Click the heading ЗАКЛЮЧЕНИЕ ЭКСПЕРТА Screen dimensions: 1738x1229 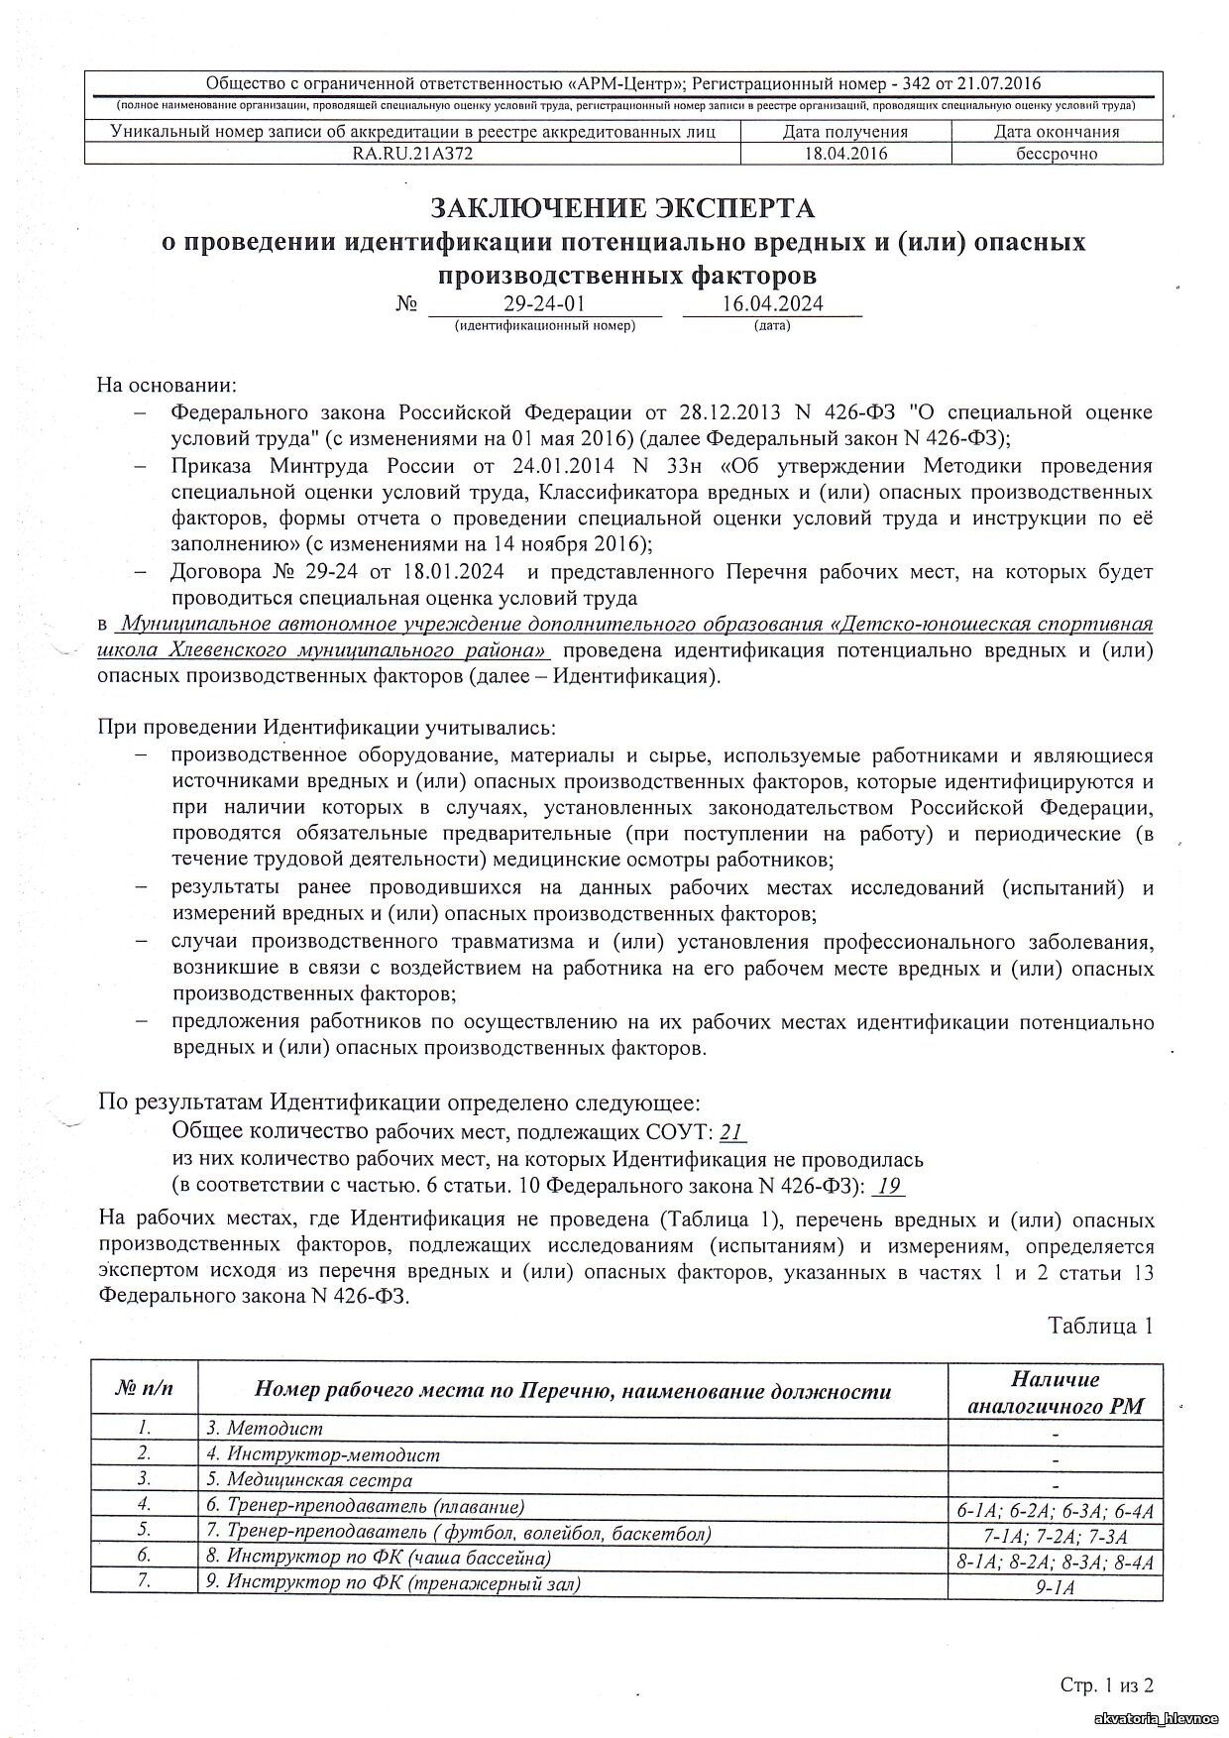(x=621, y=208)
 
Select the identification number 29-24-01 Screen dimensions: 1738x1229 (x=544, y=304)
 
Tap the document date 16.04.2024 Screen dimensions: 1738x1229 (x=773, y=304)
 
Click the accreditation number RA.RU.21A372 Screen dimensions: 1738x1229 (x=412, y=154)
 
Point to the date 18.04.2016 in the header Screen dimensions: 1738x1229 (x=846, y=154)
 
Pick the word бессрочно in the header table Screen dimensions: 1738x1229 (x=1057, y=154)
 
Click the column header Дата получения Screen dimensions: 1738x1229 (x=845, y=132)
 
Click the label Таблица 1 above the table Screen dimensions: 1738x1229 (x=1100, y=1327)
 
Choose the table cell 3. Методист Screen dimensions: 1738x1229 (x=265, y=1429)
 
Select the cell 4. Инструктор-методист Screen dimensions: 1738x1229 (x=323, y=1454)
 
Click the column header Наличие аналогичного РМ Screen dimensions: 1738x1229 (x=1056, y=1392)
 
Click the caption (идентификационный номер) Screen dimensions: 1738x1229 (x=544, y=325)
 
